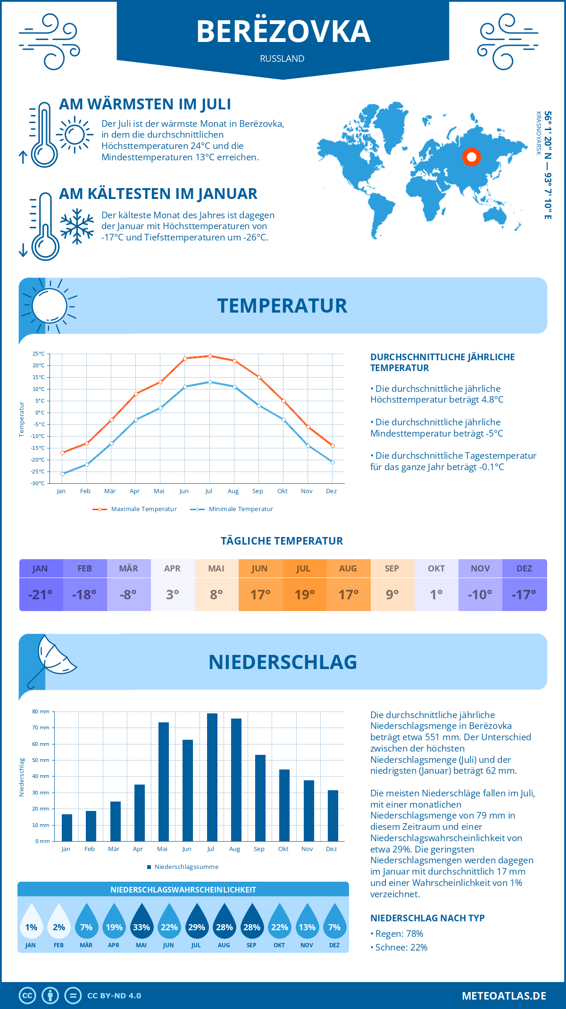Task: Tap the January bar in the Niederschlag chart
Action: click(x=67, y=827)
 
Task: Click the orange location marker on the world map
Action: click(x=471, y=157)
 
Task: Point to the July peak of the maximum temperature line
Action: click(x=210, y=356)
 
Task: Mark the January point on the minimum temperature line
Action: click(x=62, y=474)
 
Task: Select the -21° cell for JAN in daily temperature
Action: click(x=41, y=595)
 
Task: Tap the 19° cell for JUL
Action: click(x=304, y=595)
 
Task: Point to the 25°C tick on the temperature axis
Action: click(x=39, y=354)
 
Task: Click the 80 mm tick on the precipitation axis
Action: click(x=41, y=711)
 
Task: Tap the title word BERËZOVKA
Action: click(x=283, y=32)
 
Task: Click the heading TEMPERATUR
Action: click(x=282, y=306)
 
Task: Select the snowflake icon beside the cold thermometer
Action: click(x=77, y=226)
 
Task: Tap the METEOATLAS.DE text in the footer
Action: click(x=504, y=996)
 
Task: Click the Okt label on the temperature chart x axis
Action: click(x=282, y=491)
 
